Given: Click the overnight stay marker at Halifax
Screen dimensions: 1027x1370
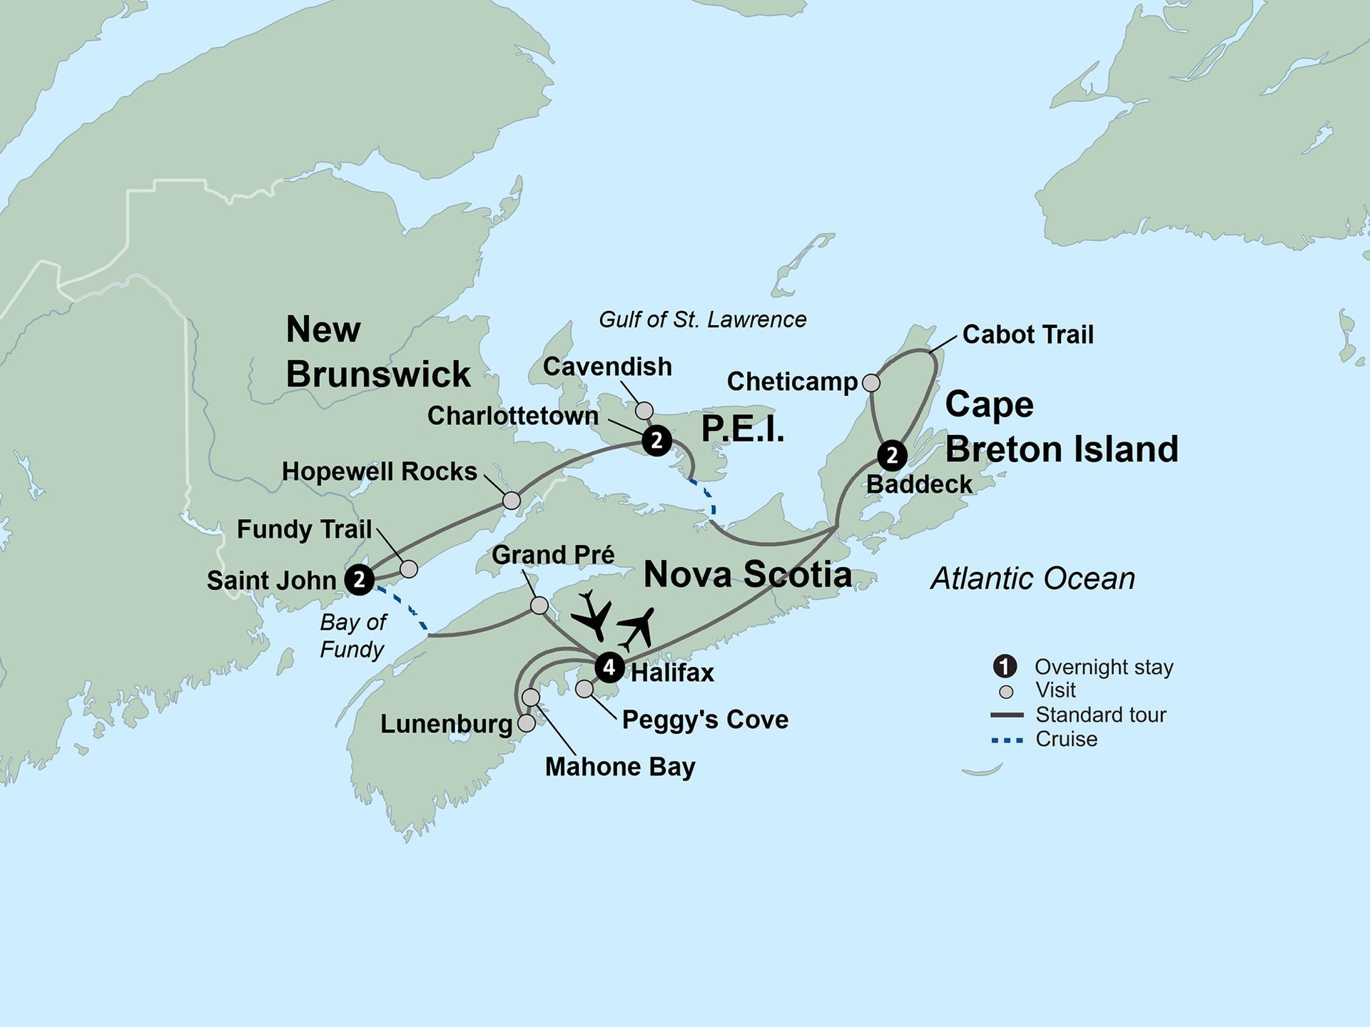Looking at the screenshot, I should click(x=609, y=668).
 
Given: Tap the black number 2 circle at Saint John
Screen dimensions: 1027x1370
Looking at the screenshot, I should click(x=360, y=580).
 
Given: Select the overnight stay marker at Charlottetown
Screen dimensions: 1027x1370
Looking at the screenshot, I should click(x=656, y=441).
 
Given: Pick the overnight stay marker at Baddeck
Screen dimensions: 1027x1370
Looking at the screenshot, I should click(x=892, y=455).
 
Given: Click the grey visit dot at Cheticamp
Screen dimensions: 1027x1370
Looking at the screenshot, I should click(x=871, y=383).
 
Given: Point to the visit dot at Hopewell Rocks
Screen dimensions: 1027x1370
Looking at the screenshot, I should click(x=512, y=501).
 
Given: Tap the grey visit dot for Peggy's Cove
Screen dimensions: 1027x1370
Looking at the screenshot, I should click(x=584, y=689).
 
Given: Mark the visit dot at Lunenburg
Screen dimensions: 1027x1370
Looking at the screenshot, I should click(x=526, y=723).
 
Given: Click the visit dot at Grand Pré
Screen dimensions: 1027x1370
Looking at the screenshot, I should click(x=540, y=606).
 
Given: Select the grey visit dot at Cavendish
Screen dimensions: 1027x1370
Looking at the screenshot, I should click(x=644, y=410).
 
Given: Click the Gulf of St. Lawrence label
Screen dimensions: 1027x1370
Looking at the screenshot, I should click(x=702, y=320).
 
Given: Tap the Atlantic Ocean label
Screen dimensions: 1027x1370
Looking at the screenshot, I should click(x=1032, y=578).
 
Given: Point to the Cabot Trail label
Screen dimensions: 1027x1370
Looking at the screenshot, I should click(x=1027, y=334).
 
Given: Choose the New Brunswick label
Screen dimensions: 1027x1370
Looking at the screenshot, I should click(x=377, y=352).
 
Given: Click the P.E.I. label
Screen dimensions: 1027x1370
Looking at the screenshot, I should click(x=743, y=429).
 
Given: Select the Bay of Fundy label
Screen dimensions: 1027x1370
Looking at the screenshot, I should click(x=352, y=635).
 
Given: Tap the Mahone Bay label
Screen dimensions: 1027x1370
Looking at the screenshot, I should click(x=619, y=767).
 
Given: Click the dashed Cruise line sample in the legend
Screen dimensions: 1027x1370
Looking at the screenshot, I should click(x=1007, y=740).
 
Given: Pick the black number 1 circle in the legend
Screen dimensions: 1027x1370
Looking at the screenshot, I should click(x=1005, y=666).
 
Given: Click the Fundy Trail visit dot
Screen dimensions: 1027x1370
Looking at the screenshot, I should click(x=409, y=568).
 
